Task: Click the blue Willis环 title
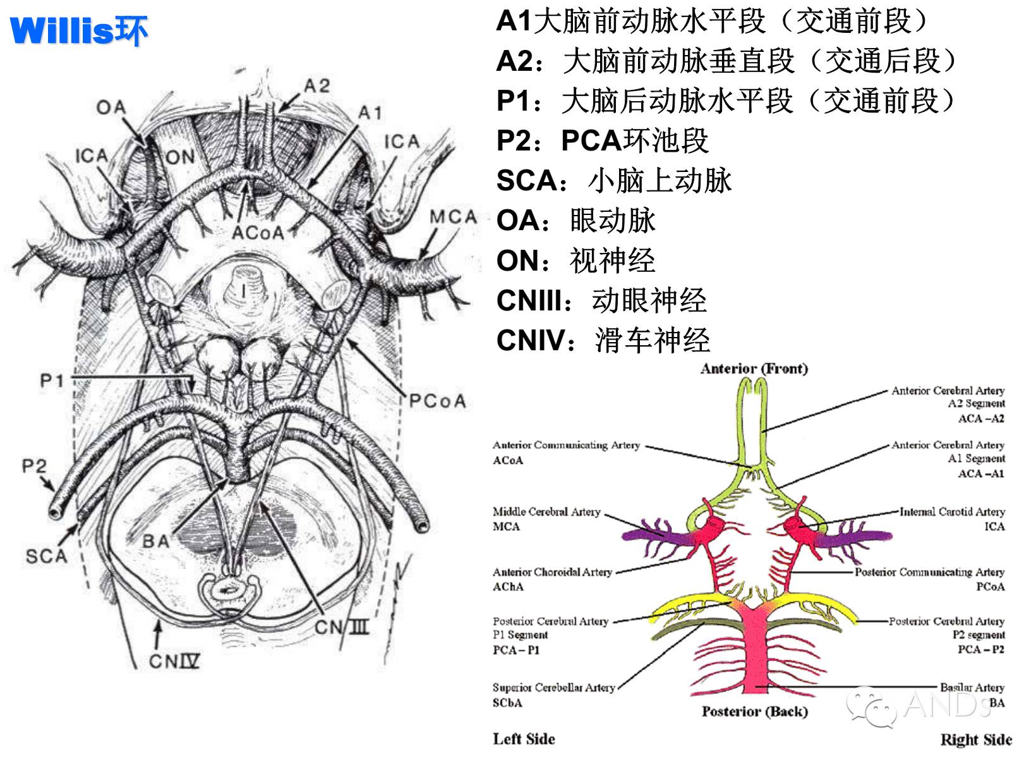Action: (78, 30)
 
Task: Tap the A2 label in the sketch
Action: (316, 86)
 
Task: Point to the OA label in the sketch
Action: (111, 107)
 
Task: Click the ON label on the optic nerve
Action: (180, 157)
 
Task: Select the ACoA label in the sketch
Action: (258, 233)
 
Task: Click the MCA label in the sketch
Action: (453, 217)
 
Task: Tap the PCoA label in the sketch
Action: (437, 401)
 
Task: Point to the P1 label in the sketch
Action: (52, 381)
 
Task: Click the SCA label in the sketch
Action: (47, 556)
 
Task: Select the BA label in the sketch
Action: (156, 541)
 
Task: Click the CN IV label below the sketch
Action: (174, 661)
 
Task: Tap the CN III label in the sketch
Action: (342, 627)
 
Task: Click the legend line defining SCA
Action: (614, 180)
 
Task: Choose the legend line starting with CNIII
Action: (601, 300)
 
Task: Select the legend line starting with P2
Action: (603, 140)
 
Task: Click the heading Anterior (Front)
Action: (754, 369)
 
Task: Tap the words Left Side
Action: (524, 739)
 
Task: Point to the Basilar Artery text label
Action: (972, 687)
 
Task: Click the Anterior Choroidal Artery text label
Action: (552, 572)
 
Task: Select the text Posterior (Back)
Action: (755, 711)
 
